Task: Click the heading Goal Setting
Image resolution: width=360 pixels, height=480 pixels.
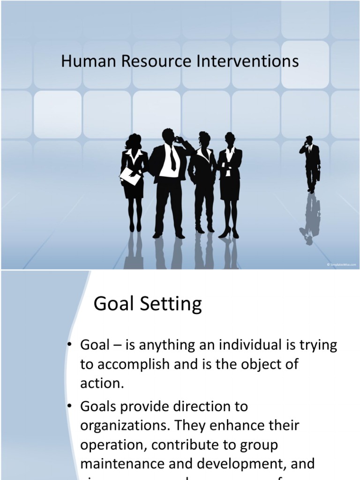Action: [x=148, y=305]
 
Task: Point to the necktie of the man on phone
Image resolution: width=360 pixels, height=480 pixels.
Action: [x=172, y=159]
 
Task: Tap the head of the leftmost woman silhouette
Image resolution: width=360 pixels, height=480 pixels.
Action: [x=134, y=141]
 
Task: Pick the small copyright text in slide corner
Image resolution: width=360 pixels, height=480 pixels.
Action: [x=342, y=265]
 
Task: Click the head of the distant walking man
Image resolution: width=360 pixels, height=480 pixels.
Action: [x=309, y=140]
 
